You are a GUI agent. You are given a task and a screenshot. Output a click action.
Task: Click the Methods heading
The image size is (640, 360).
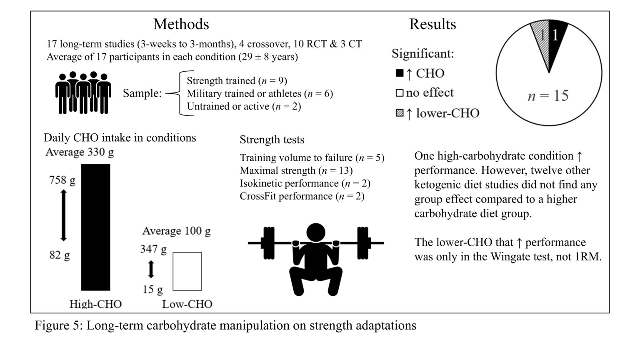tap(181, 24)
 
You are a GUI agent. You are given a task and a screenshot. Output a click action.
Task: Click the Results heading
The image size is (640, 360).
tap(432, 24)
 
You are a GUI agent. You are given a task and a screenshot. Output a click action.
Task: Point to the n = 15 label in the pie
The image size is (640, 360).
tap(548, 96)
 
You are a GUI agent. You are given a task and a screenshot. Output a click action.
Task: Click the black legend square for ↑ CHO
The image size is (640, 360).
tap(399, 74)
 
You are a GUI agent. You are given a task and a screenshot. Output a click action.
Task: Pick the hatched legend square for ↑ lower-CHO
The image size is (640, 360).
tap(399, 113)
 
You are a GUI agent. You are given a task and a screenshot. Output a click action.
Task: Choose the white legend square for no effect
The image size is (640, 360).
tap(399, 93)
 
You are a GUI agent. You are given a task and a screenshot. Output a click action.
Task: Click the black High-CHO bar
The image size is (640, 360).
tap(95, 227)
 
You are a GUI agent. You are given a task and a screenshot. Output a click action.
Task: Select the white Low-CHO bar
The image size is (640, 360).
tap(187, 271)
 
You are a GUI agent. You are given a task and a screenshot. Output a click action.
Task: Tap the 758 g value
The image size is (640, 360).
tap(62, 180)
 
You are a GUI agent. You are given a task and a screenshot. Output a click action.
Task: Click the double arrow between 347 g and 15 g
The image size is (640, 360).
tap(151, 269)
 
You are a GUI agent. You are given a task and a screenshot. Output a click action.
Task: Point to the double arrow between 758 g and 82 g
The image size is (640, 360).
tap(63, 215)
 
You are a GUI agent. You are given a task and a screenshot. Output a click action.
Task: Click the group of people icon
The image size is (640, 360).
tap(83, 93)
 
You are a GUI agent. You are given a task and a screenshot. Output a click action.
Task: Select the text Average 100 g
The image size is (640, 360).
tap(176, 231)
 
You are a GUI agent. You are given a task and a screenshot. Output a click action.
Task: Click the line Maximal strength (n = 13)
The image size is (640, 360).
tap(296, 170)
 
